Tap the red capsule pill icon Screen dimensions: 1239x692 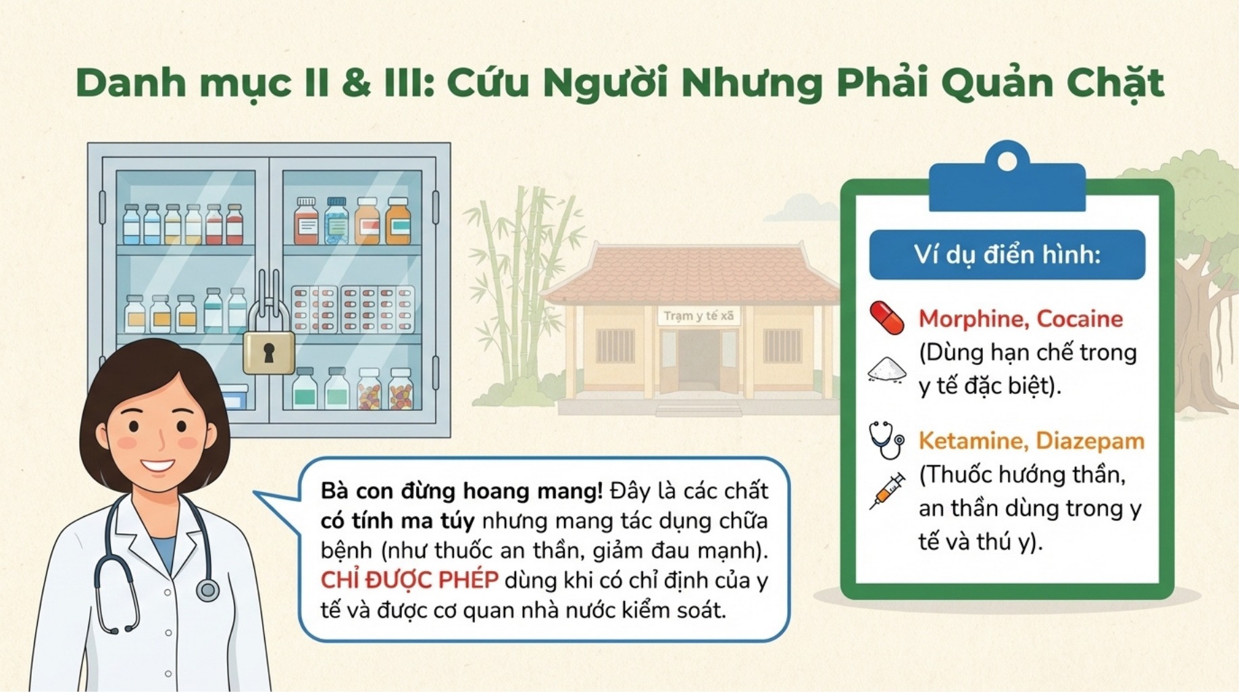[x=886, y=318]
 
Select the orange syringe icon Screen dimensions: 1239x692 [x=887, y=491]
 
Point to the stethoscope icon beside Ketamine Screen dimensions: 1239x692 [x=886, y=440]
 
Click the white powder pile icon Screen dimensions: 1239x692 [x=887, y=370]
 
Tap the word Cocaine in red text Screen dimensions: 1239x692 [x=1080, y=319]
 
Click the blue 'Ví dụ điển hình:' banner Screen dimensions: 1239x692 [x=1007, y=255]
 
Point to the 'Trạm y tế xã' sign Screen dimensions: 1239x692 [x=698, y=316]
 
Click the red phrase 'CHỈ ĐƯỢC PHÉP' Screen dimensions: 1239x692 [x=409, y=580]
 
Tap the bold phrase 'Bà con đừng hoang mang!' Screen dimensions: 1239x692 [x=461, y=491]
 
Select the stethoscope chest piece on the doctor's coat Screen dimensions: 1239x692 [x=208, y=590]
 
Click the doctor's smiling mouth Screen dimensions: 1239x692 [x=157, y=466]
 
